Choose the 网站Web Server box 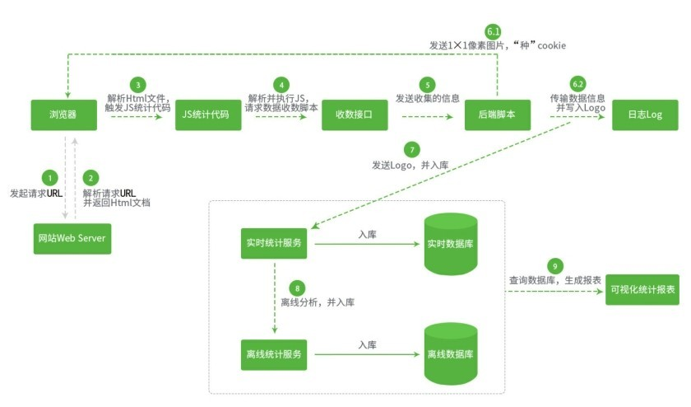tap(72, 238)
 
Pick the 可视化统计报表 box tap(643, 290)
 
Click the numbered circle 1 tap(51, 177)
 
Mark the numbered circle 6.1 tap(494, 31)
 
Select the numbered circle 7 tap(412, 149)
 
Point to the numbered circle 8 tap(297, 288)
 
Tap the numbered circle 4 tap(283, 84)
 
